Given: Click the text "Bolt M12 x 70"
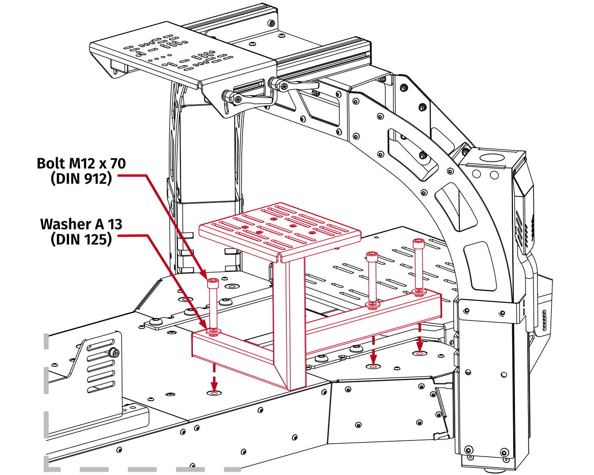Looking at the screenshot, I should click(81, 163).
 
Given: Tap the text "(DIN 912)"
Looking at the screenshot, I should click(81, 179).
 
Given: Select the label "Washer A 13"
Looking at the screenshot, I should click(81, 224).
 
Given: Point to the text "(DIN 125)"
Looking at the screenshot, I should click(81, 239).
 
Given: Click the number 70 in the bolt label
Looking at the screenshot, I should click(118, 163).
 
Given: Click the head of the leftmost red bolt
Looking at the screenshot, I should click(213, 282).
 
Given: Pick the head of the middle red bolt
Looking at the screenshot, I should click(372, 256).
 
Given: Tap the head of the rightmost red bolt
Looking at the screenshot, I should click(418, 243).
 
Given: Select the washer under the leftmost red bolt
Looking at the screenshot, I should click(213, 332).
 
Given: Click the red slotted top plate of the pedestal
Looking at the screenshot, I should click(280, 230).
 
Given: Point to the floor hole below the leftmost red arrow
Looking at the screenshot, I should click(214, 393).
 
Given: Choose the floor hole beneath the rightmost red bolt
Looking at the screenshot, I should click(419, 354).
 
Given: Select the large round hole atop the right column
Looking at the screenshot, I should click(491, 158).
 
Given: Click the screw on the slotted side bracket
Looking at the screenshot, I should click(114, 352).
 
